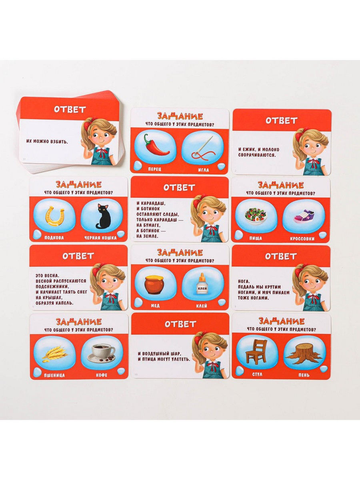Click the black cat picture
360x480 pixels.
click(102, 216)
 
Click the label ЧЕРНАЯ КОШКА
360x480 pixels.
click(101, 238)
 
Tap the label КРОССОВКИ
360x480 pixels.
click(302, 238)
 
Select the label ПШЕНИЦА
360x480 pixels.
click(54, 375)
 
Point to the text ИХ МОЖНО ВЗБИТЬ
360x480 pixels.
click(47, 141)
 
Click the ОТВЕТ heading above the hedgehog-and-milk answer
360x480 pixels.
click(282, 120)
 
